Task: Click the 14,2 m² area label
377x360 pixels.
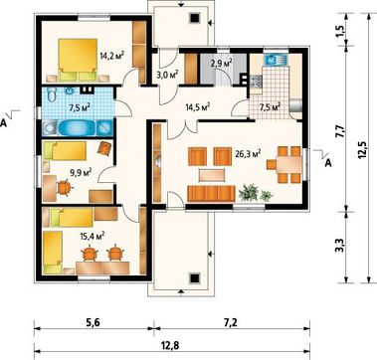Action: point(112,56)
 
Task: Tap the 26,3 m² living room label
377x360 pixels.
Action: point(248,153)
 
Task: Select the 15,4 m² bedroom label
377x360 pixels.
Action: point(93,236)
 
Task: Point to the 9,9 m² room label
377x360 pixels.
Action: point(81,172)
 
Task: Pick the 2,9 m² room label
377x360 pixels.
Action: point(221,63)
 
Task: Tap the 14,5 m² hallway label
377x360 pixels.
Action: point(198,107)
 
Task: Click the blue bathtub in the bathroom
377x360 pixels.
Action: point(78,127)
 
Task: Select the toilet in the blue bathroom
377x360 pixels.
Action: point(51,94)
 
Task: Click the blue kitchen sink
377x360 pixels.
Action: point(277,60)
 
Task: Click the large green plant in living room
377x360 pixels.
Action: point(249,193)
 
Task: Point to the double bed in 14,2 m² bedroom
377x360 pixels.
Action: point(78,60)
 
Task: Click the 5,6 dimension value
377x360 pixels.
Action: point(93,321)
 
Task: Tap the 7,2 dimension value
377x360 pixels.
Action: point(232,321)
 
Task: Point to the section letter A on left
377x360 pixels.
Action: point(4,123)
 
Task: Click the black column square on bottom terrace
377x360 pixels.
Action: point(195,277)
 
